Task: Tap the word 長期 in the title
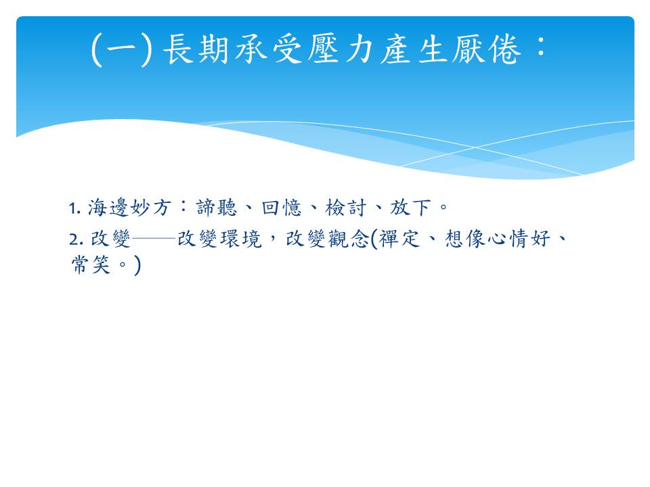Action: point(197,49)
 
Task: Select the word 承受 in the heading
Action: point(269,49)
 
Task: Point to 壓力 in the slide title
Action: point(341,49)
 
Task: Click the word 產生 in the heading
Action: point(413,49)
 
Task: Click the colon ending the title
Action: point(540,46)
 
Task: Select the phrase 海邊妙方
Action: point(129,208)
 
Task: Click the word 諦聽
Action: point(217,208)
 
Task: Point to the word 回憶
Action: point(282,208)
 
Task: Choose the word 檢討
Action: point(346,208)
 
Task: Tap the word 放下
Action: point(410,208)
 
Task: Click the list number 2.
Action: point(77,239)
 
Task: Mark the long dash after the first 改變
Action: point(154,239)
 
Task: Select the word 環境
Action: point(241,239)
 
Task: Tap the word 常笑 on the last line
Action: point(91,264)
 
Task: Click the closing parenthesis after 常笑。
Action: point(137,265)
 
